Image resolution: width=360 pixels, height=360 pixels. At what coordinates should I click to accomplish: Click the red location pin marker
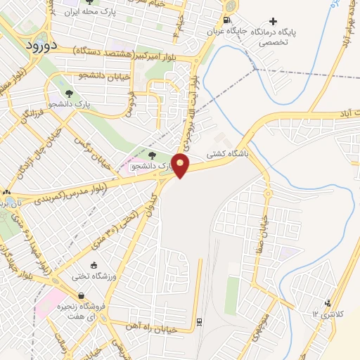181,165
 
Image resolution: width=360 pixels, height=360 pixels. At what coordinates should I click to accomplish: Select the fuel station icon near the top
226,20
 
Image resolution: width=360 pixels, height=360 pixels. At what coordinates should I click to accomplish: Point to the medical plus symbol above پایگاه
274,21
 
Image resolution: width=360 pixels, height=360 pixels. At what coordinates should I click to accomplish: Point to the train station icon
199,321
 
